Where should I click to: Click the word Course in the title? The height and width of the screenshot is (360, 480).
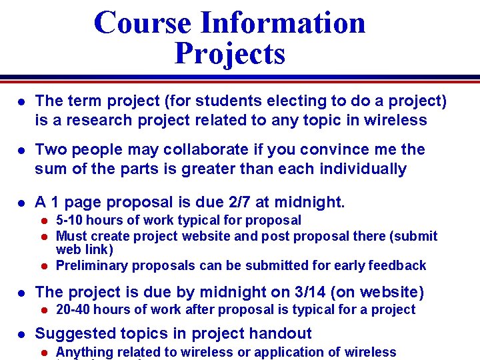pyautogui.click(x=143, y=23)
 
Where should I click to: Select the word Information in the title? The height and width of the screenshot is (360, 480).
pyautogui.click(x=283, y=23)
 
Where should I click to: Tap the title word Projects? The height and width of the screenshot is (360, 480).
pyautogui.click(x=230, y=53)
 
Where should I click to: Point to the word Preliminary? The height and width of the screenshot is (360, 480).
pyautogui.click(x=92, y=265)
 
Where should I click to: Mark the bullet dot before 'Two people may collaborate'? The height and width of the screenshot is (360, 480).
pyautogui.click(x=21, y=150)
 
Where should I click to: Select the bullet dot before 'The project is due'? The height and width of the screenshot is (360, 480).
pyautogui.click(x=21, y=292)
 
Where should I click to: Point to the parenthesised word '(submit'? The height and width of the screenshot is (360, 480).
pyautogui.click(x=415, y=236)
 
